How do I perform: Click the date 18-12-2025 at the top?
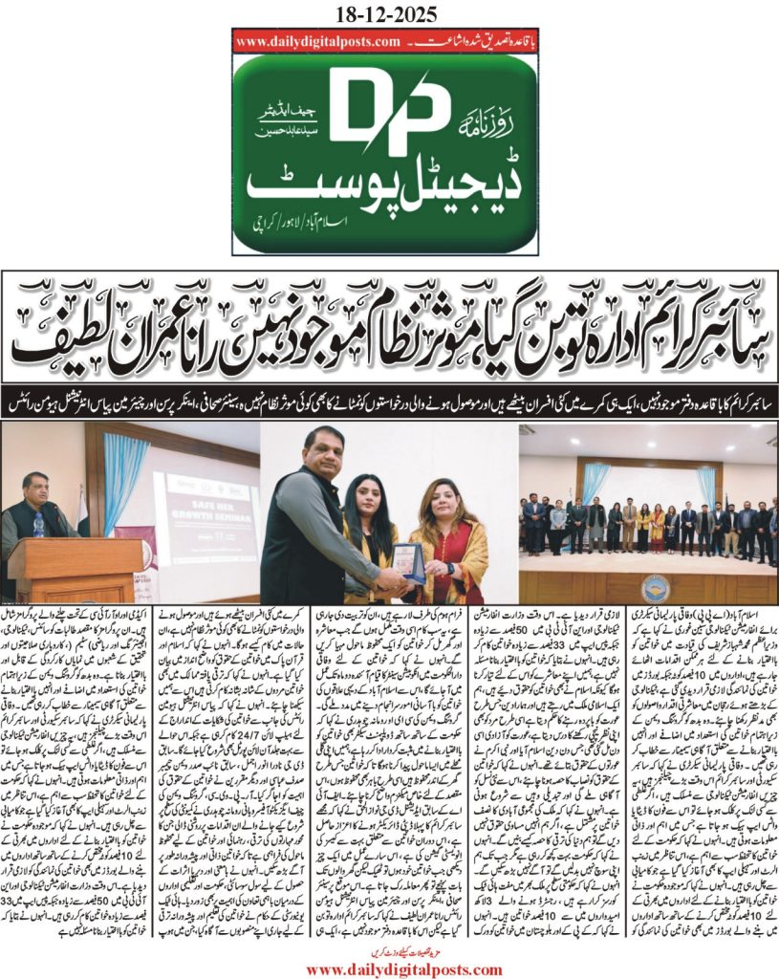pos(389,12)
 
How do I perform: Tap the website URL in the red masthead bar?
pos(316,42)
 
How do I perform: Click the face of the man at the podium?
pos(33,487)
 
